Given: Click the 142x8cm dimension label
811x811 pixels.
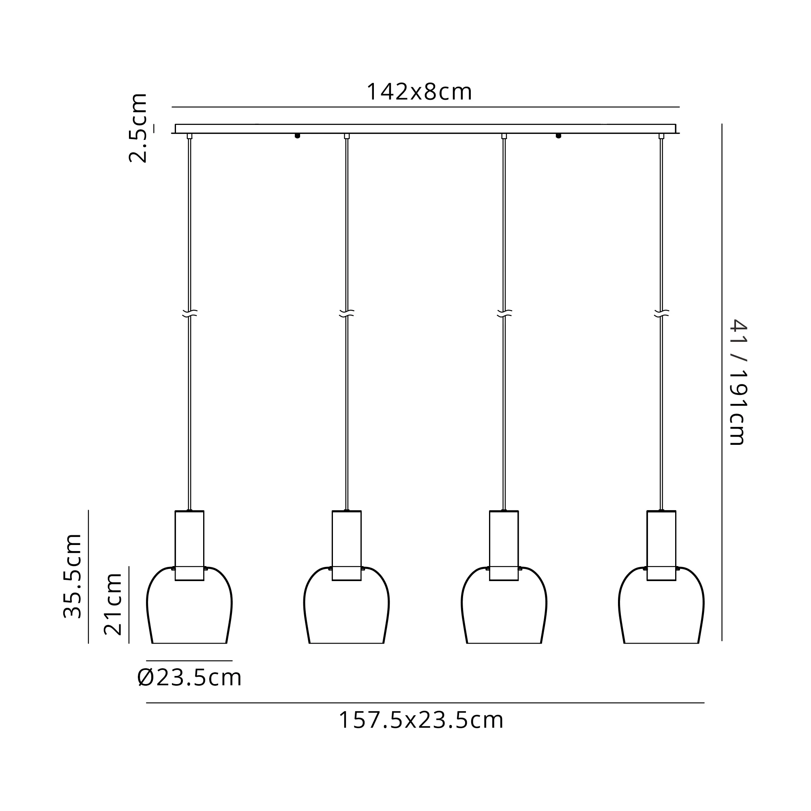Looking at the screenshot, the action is pos(419,92).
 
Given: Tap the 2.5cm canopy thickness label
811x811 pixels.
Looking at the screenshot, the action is pos(138,128).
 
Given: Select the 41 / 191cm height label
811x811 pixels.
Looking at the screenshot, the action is pos(738,382).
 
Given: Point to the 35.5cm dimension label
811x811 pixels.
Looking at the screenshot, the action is pos(72,576).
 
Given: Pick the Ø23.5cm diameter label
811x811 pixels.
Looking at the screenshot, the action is pos(189,678).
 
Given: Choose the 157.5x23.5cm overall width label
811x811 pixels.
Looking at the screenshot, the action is pos(421,720).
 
